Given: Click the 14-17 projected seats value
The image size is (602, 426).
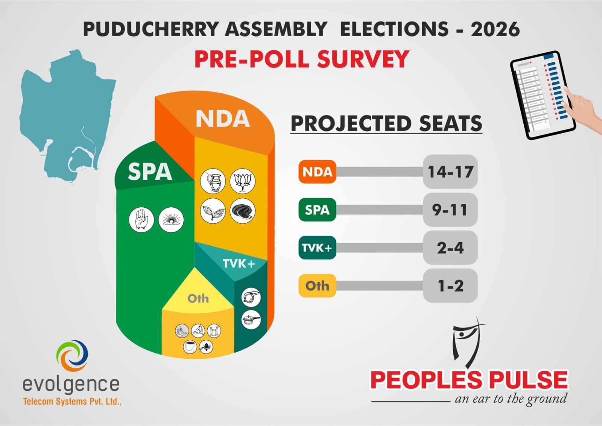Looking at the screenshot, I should point(450,172).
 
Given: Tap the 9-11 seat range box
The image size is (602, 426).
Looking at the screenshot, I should point(450,210).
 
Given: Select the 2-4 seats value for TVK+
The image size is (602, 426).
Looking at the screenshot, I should point(450,248).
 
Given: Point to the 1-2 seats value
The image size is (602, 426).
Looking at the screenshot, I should point(450,286).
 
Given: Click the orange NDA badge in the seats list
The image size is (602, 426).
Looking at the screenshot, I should point(317,172).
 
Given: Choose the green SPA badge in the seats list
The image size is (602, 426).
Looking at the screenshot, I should point(317,210).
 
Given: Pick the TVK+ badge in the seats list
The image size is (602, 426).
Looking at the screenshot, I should point(317,248).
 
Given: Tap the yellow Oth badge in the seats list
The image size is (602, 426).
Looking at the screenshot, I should point(317,286).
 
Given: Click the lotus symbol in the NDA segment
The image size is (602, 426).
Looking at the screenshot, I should point(242,181).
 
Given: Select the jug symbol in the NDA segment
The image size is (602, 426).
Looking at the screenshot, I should point(213,181).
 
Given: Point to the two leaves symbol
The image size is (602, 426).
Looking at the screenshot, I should point(213,211).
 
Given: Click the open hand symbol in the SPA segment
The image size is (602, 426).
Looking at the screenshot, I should point(141,219).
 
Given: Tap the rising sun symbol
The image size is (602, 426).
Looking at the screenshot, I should point(171,219).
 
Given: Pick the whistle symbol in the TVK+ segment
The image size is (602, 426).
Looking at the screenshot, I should point(251,297).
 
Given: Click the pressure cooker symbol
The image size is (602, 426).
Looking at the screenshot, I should point(251,320).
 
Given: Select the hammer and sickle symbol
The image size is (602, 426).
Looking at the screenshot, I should point(198,331).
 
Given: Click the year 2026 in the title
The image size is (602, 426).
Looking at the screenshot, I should point(495,29).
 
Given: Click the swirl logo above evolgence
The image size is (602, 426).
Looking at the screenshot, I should point(72,355).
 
